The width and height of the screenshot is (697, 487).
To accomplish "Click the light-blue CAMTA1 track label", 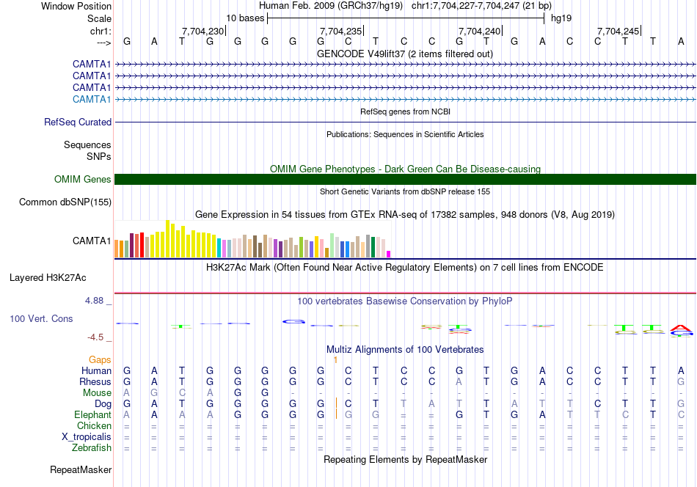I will [92, 99].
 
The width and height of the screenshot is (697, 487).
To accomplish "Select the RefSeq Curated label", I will [78, 122].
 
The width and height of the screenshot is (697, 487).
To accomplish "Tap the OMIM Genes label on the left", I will [83, 180].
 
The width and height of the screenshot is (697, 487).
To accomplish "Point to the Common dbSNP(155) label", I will [65, 202].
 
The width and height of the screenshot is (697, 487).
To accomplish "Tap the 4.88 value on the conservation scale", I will [96, 301].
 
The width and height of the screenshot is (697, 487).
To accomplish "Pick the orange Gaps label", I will [100, 360].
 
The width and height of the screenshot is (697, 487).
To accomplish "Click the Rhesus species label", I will [95, 382].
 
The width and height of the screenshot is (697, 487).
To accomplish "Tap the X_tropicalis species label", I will [87, 437].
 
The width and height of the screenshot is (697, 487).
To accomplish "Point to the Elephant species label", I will [92, 415].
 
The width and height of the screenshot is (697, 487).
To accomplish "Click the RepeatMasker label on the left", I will [81, 469].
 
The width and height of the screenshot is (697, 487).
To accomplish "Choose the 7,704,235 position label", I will [341, 31].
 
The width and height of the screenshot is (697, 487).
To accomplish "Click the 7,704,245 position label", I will [618, 31].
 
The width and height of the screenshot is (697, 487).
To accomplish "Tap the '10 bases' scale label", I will [245, 18].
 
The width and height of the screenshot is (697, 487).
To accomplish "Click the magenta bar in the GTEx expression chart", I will [389, 254].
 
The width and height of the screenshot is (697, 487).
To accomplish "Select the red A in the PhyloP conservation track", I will [682, 328].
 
